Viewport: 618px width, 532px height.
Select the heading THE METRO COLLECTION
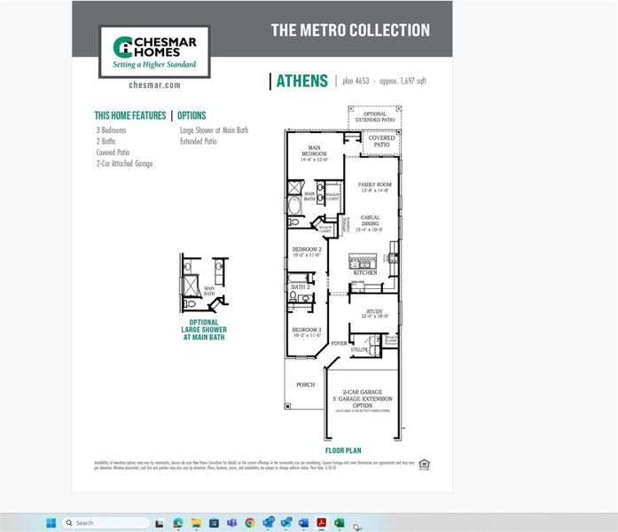350,30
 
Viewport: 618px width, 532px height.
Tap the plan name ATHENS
301,81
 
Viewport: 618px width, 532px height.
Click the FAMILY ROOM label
374,187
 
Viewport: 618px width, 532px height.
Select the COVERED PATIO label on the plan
381,141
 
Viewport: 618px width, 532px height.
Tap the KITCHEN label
365,273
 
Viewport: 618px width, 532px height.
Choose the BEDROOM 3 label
307,332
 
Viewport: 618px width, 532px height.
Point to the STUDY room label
373,313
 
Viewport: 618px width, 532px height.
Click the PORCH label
305,385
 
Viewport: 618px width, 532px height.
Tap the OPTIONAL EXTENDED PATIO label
375,116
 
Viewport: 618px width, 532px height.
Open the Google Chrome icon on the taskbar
249,522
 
